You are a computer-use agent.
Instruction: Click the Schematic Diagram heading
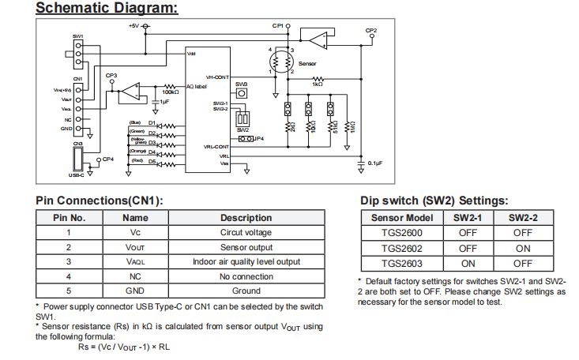[x=107, y=9]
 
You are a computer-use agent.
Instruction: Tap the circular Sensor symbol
[x=281, y=61]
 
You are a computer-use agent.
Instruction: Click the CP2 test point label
[x=371, y=30]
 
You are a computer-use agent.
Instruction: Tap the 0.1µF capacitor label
[x=375, y=163]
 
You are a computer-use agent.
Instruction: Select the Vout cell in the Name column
[x=135, y=247]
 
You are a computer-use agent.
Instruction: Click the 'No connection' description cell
[x=246, y=276]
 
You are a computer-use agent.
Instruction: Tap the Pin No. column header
[x=69, y=218]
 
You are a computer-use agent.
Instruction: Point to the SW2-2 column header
[x=522, y=218]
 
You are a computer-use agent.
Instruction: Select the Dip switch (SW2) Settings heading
[x=434, y=201]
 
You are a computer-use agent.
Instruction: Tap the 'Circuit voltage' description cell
[x=246, y=233]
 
